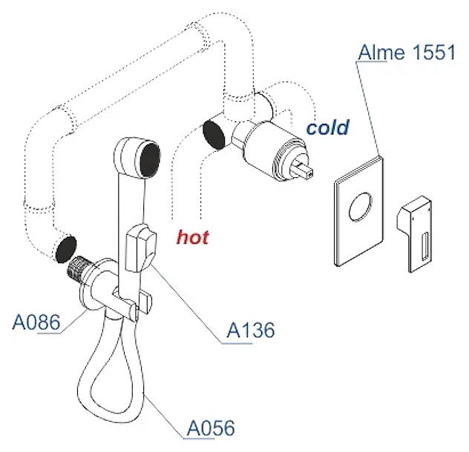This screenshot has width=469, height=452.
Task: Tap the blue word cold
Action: click(x=328, y=127)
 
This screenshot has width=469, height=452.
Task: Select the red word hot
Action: click(x=192, y=237)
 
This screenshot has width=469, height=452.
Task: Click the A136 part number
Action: click(x=250, y=330)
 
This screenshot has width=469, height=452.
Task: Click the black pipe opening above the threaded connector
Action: click(x=67, y=247)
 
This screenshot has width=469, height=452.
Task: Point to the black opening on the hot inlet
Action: click(x=215, y=132)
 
